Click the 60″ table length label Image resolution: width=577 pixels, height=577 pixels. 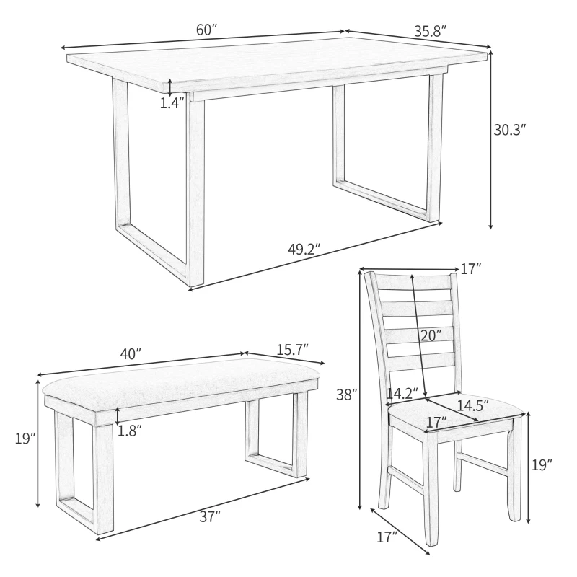[206, 30]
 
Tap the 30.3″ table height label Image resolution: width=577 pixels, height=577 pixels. [510, 130]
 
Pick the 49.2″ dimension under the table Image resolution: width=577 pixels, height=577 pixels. [304, 250]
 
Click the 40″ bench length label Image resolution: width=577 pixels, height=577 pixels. [130, 355]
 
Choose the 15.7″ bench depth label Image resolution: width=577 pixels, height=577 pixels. [292, 349]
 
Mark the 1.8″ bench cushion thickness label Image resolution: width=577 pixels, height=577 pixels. [130, 431]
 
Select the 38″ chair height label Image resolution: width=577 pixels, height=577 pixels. [347, 395]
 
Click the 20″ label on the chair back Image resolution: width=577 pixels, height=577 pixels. [430, 335]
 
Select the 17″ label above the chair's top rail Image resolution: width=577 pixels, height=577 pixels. [470, 269]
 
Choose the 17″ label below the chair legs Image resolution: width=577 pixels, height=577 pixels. [387, 537]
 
